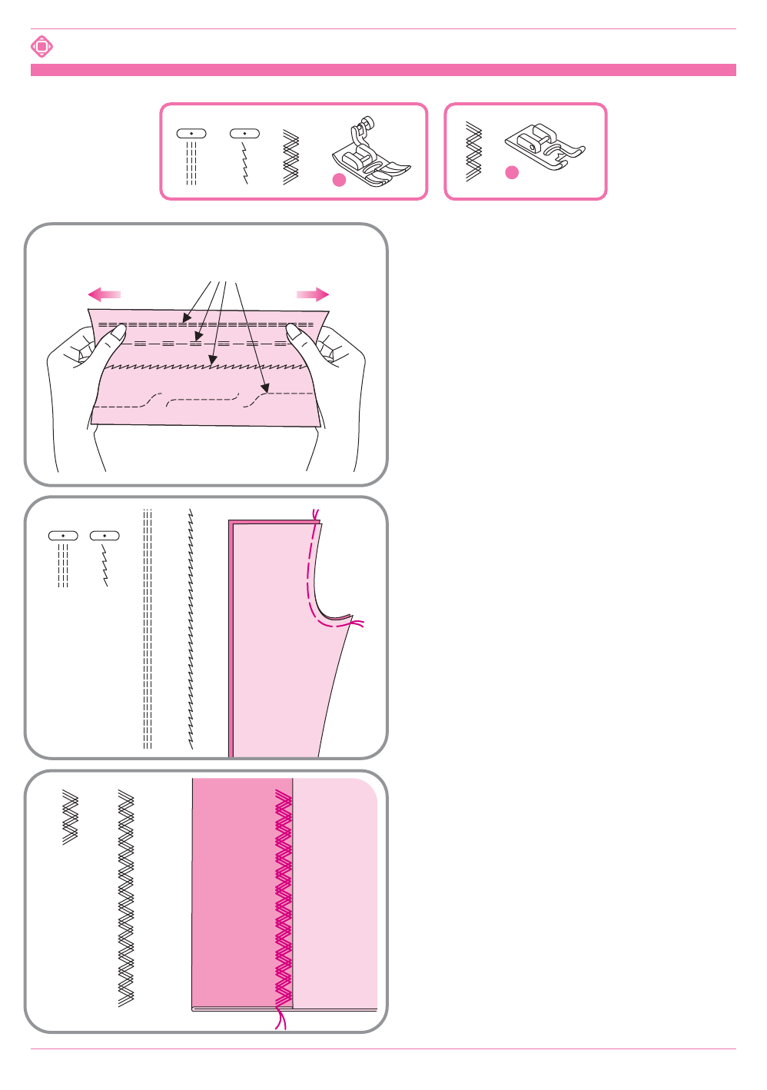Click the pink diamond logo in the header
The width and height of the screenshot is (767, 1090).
42,47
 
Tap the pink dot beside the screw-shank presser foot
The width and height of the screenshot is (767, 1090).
339,180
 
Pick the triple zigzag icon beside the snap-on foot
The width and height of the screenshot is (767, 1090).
473,152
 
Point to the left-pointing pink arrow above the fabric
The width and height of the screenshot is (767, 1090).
105,294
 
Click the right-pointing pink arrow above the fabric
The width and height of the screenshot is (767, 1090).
313,294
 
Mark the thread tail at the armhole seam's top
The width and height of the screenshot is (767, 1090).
314,514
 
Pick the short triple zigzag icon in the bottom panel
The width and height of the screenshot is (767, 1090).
71,818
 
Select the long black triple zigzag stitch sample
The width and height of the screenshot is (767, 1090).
126,898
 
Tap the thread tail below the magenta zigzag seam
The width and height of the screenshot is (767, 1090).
281,1020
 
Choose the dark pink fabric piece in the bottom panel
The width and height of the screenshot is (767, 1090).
234,892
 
